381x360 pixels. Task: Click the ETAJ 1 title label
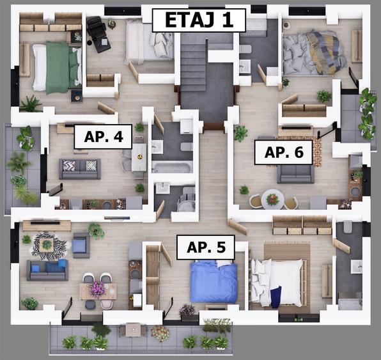[x=199, y=20]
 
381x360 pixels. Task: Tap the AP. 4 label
[x=103, y=137]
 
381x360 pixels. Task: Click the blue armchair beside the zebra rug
[x=81, y=245]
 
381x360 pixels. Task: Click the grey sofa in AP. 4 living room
[x=79, y=168]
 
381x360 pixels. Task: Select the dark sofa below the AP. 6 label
[x=295, y=173]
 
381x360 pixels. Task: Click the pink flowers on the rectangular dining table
[x=98, y=288]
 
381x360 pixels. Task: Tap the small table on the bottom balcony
[x=132, y=329]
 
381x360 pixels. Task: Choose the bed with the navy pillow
[x=277, y=282]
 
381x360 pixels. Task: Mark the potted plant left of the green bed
[x=30, y=103]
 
